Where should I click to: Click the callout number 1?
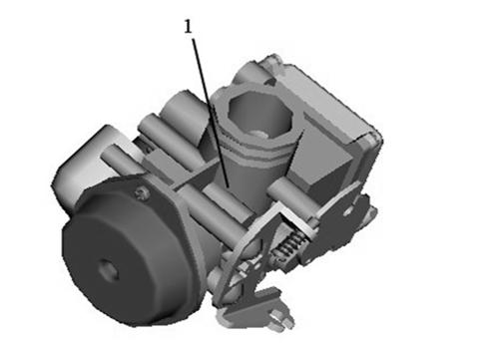point(189,27)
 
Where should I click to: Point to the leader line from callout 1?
point(211,114)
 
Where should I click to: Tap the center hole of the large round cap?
point(108,271)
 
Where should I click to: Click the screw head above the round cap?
point(142,193)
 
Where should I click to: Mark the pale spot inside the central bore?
point(259,134)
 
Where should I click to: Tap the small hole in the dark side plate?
point(347,211)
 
